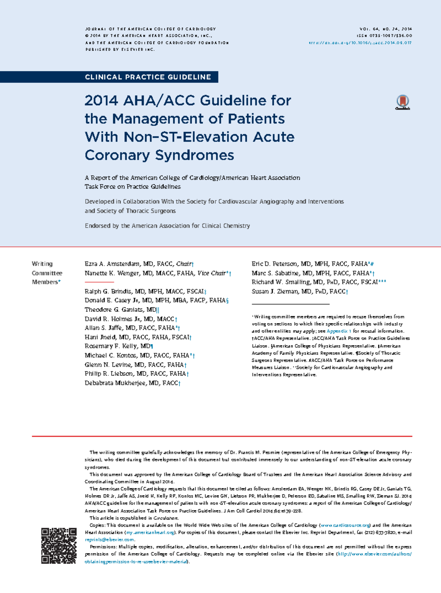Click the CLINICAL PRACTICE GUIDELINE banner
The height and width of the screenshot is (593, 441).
pos(148,77)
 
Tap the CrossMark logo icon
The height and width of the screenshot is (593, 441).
pos(403,102)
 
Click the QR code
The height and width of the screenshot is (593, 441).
pos(59,546)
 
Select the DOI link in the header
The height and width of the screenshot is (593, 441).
pos(360,43)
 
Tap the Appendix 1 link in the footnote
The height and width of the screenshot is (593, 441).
pos(339,331)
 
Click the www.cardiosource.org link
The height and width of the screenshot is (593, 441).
pos(345,525)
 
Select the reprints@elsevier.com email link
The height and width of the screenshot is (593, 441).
pos(109,539)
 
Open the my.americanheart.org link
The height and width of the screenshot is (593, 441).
pos(150,532)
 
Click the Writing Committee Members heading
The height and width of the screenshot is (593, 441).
pos(46,273)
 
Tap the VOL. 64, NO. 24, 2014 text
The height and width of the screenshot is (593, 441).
pos(386,29)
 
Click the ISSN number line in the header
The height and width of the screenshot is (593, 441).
pos(384,36)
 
